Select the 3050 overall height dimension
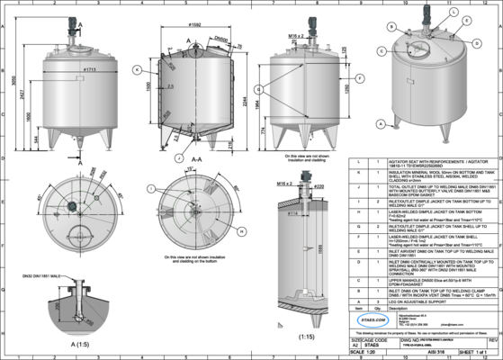click(11, 91)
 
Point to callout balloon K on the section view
click(136, 69)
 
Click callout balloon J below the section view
click(180, 157)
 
